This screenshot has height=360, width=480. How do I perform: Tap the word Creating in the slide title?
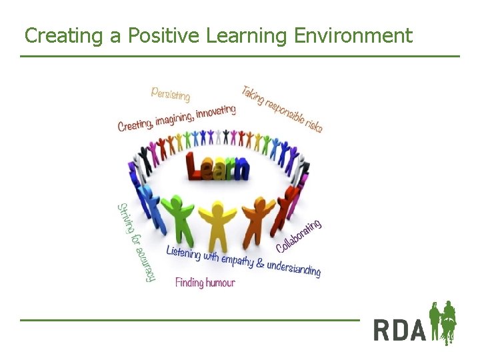click(63, 35)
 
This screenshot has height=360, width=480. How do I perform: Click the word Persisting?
click(170, 94)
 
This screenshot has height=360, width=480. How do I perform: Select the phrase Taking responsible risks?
click(281, 108)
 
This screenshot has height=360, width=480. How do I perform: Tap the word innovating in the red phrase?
click(215, 111)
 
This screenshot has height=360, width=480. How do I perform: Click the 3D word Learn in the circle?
click(218, 167)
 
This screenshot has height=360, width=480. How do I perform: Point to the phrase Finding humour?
click(205, 283)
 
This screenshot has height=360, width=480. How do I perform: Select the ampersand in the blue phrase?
click(259, 263)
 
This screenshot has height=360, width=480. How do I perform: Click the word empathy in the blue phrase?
click(236, 259)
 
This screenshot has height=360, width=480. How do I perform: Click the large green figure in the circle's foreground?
click(177, 217)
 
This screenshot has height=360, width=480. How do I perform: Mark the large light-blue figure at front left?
click(151, 207)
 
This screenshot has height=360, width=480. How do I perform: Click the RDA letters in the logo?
click(399, 329)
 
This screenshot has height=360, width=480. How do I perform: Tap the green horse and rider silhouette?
click(443, 323)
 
